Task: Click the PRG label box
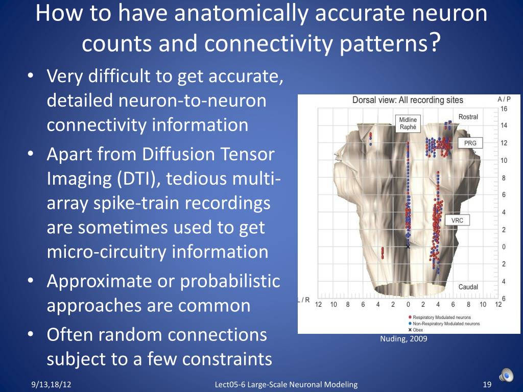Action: [x=470, y=143]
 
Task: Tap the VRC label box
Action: [x=458, y=220]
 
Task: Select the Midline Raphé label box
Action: [x=408, y=124]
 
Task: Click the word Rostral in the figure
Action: [x=468, y=117]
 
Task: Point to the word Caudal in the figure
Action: [x=468, y=287]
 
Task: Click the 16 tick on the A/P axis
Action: [x=504, y=109]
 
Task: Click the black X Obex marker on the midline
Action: [x=408, y=247]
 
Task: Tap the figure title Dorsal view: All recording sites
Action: [x=408, y=100]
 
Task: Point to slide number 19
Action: [x=486, y=384]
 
